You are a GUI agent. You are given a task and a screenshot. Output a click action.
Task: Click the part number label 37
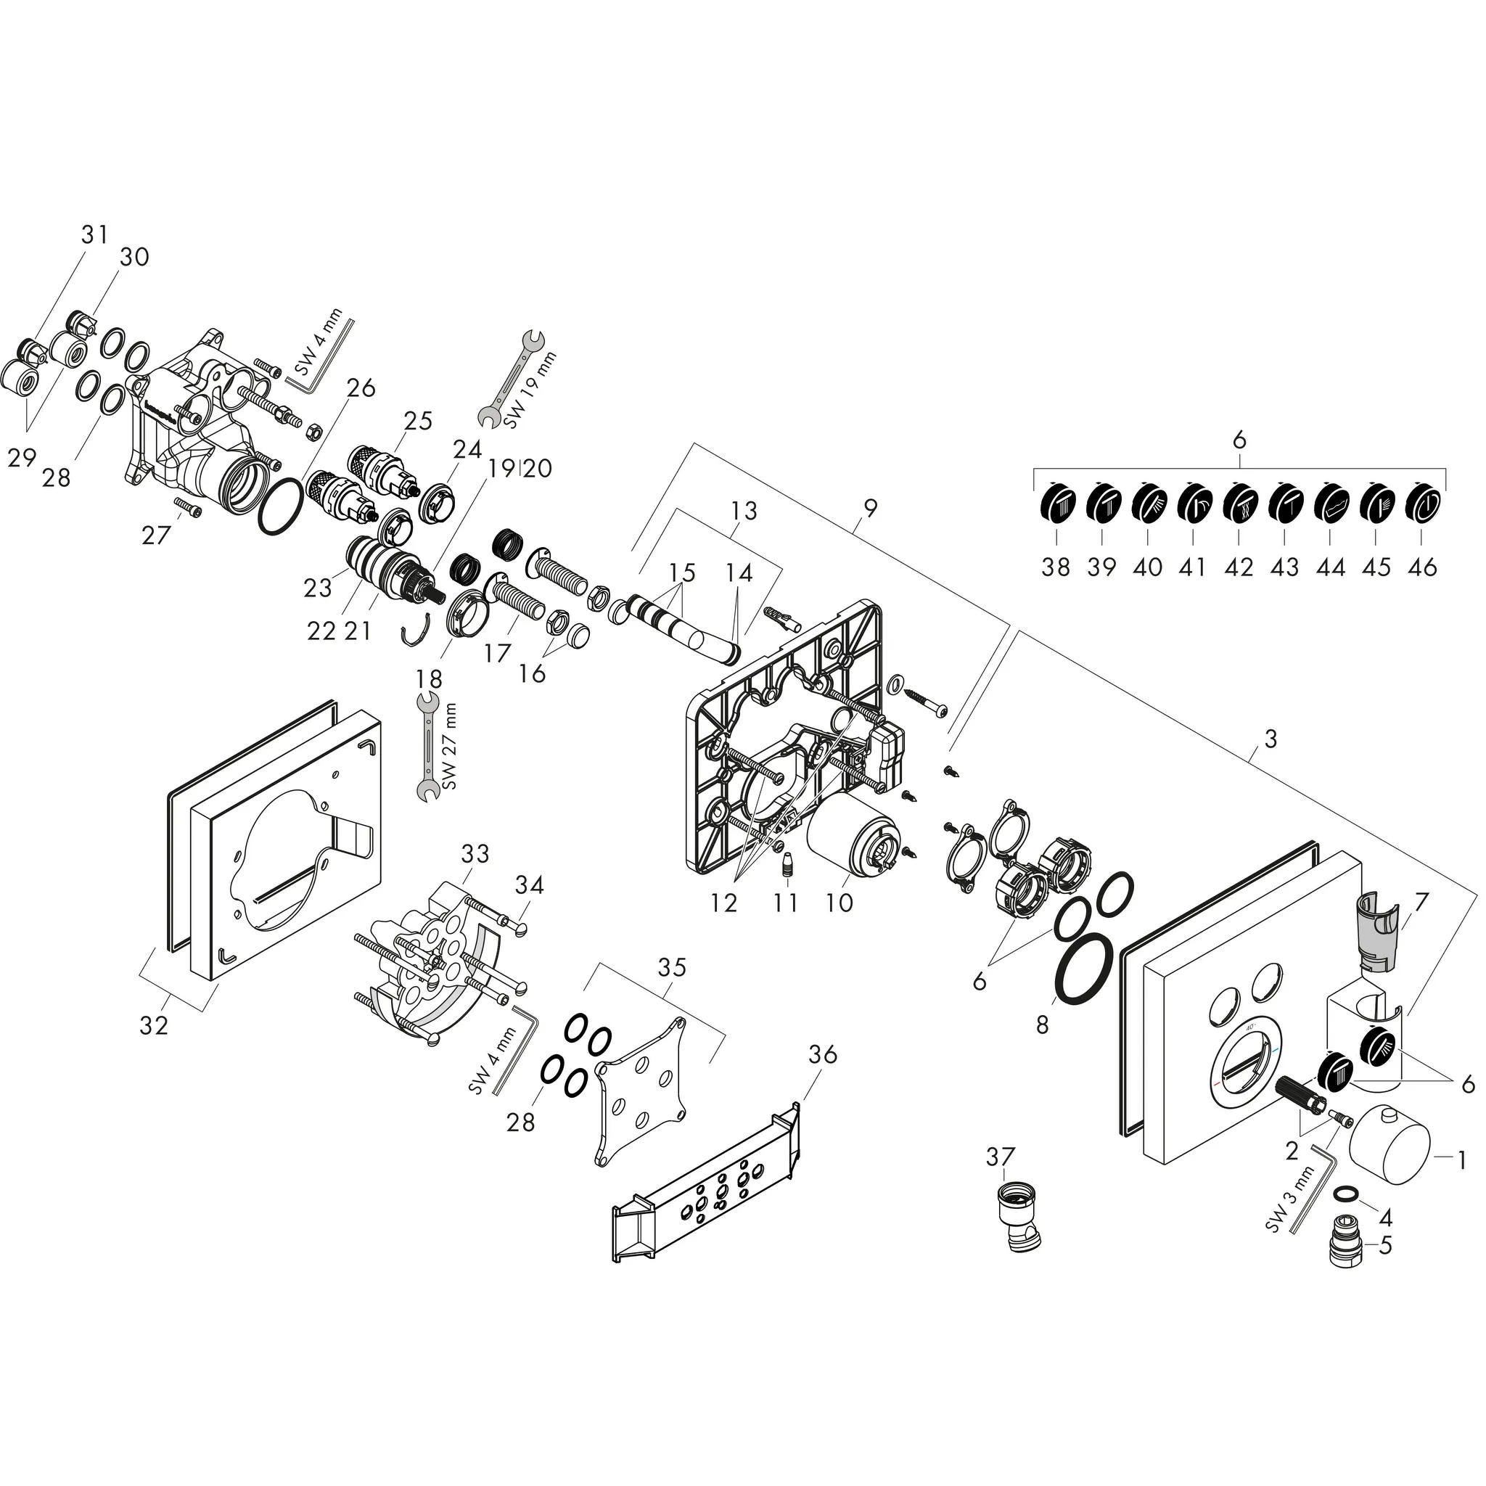1001,1178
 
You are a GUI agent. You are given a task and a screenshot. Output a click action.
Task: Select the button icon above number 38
1056,505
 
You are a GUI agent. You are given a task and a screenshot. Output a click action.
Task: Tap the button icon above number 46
1422,505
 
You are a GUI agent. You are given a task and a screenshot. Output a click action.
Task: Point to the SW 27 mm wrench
425,745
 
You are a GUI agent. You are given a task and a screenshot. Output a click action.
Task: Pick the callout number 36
822,1054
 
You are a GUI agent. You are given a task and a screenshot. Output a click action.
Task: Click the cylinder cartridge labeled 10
854,846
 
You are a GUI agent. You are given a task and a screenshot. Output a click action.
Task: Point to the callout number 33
475,854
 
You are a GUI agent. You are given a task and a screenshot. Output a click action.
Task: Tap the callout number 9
870,509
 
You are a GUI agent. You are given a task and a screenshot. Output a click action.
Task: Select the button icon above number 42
1239,505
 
